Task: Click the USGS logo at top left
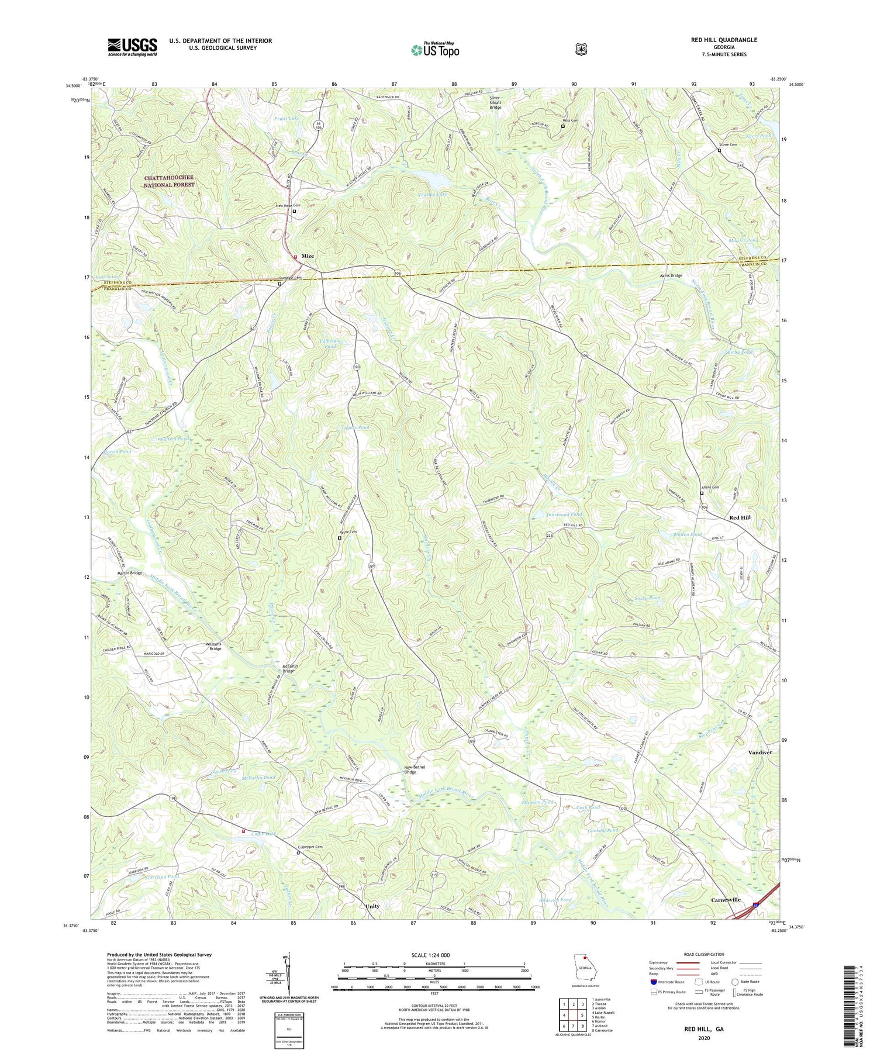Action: point(132,47)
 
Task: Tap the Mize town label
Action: point(308,256)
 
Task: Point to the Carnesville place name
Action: point(725,900)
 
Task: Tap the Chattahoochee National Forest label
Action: point(170,181)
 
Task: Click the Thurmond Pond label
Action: point(563,515)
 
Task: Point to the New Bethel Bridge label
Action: point(410,769)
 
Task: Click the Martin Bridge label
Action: point(129,573)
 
